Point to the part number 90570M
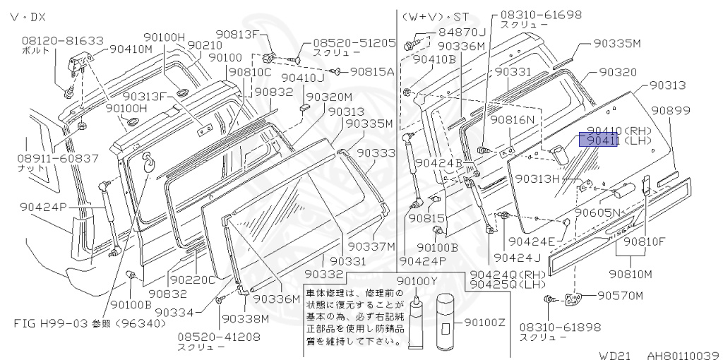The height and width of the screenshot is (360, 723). (621, 295)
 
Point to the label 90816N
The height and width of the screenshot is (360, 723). (514, 120)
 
